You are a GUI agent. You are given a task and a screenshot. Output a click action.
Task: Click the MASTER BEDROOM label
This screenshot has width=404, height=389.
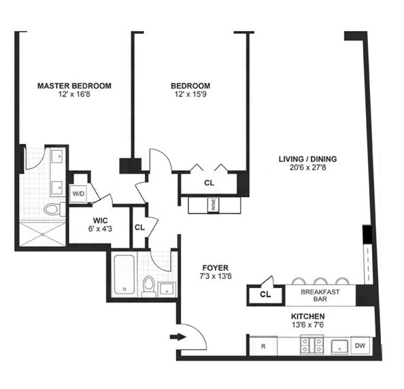coord(74,86)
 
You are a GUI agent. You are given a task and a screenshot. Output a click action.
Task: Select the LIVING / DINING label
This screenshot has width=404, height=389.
coord(307,160)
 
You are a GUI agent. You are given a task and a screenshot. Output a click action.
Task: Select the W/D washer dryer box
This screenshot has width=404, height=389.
coord(79,193)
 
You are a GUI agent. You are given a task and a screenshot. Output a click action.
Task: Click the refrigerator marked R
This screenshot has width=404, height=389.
coord(263,346)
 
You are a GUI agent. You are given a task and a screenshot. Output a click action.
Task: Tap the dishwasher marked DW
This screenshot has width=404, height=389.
coord(360,346)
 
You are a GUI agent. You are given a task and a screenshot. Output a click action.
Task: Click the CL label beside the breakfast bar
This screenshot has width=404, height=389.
coord(265,295)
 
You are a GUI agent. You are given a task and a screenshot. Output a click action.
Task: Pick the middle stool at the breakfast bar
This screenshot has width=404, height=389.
coord(320,281)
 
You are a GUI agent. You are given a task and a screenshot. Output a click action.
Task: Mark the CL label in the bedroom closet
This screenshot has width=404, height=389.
coord(209,183)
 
